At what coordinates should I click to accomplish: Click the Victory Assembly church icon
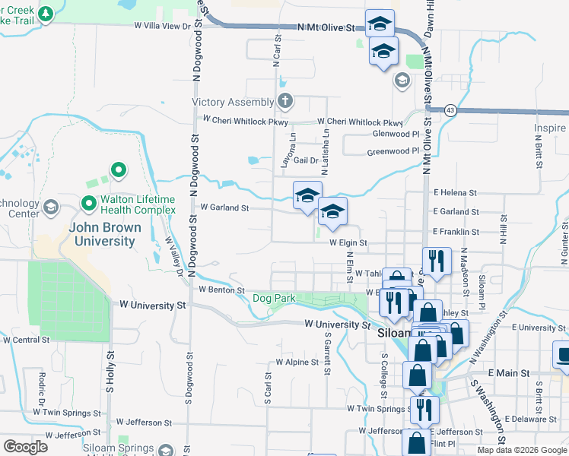pyautogui.click(x=284, y=101)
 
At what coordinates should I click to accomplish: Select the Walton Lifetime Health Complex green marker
pyautogui.click(x=88, y=204)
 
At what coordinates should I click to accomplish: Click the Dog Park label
pyautogui.click(x=274, y=299)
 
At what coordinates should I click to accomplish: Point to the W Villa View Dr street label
pyautogui.click(x=161, y=25)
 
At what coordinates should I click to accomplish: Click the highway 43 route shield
pyautogui.click(x=451, y=109)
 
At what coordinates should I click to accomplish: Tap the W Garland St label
pyautogui.click(x=224, y=207)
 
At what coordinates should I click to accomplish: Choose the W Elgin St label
pyautogui.click(x=348, y=243)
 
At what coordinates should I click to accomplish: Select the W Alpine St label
pyautogui.click(x=297, y=363)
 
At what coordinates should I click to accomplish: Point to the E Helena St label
pyautogui.click(x=455, y=193)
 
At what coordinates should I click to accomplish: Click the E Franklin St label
pyautogui.click(x=456, y=231)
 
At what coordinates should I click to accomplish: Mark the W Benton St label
pyautogui.click(x=221, y=290)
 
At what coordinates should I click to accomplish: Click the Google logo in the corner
pyautogui.click(x=25, y=447)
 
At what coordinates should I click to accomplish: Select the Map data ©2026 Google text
pyautogui.click(x=522, y=450)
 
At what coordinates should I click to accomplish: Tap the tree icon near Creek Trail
pyautogui.click(x=46, y=14)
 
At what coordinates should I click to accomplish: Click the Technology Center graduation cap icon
pyautogui.click(x=51, y=207)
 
